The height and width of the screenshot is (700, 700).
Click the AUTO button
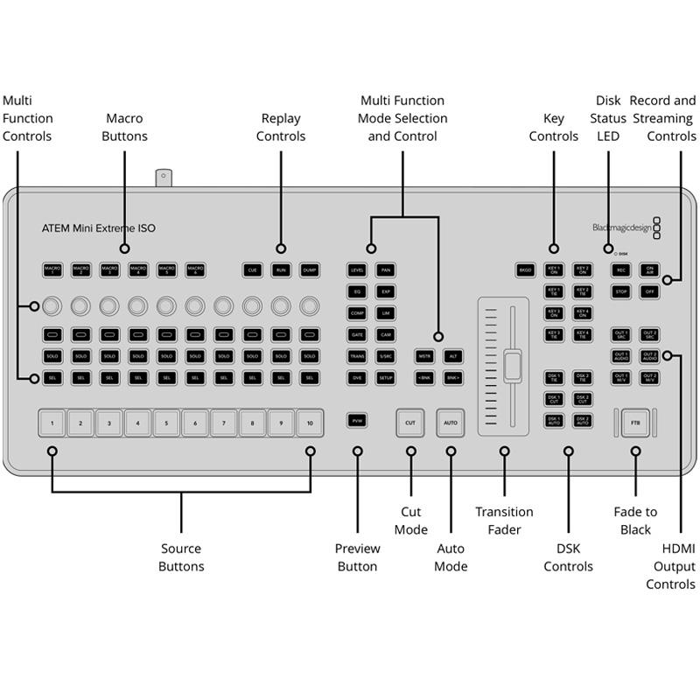pyautogui.click(x=450, y=423)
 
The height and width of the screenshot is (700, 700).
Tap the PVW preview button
pyautogui.click(x=357, y=421)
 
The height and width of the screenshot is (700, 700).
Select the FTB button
pyautogui.click(x=636, y=423)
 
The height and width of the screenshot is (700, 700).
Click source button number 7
pyautogui.click(x=223, y=423)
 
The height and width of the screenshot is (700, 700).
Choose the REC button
pyautogui.click(x=620, y=270)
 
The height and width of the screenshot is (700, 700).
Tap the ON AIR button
pyautogui.click(x=648, y=270)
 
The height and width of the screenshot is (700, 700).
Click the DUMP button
pyautogui.click(x=309, y=270)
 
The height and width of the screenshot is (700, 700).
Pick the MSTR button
pyautogui.click(x=424, y=357)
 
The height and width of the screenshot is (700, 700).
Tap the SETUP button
pyautogui.click(x=385, y=378)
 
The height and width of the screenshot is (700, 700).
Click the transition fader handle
pyautogui.click(x=512, y=365)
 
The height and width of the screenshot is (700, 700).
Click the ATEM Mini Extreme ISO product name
pyautogui.click(x=99, y=228)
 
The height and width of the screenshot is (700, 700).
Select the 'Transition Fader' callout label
pyautogui.click(x=504, y=521)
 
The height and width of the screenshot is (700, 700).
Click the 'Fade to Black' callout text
pyautogui.click(x=635, y=521)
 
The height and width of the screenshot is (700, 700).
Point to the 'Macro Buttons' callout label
pyautogui.click(x=124, y=127)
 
